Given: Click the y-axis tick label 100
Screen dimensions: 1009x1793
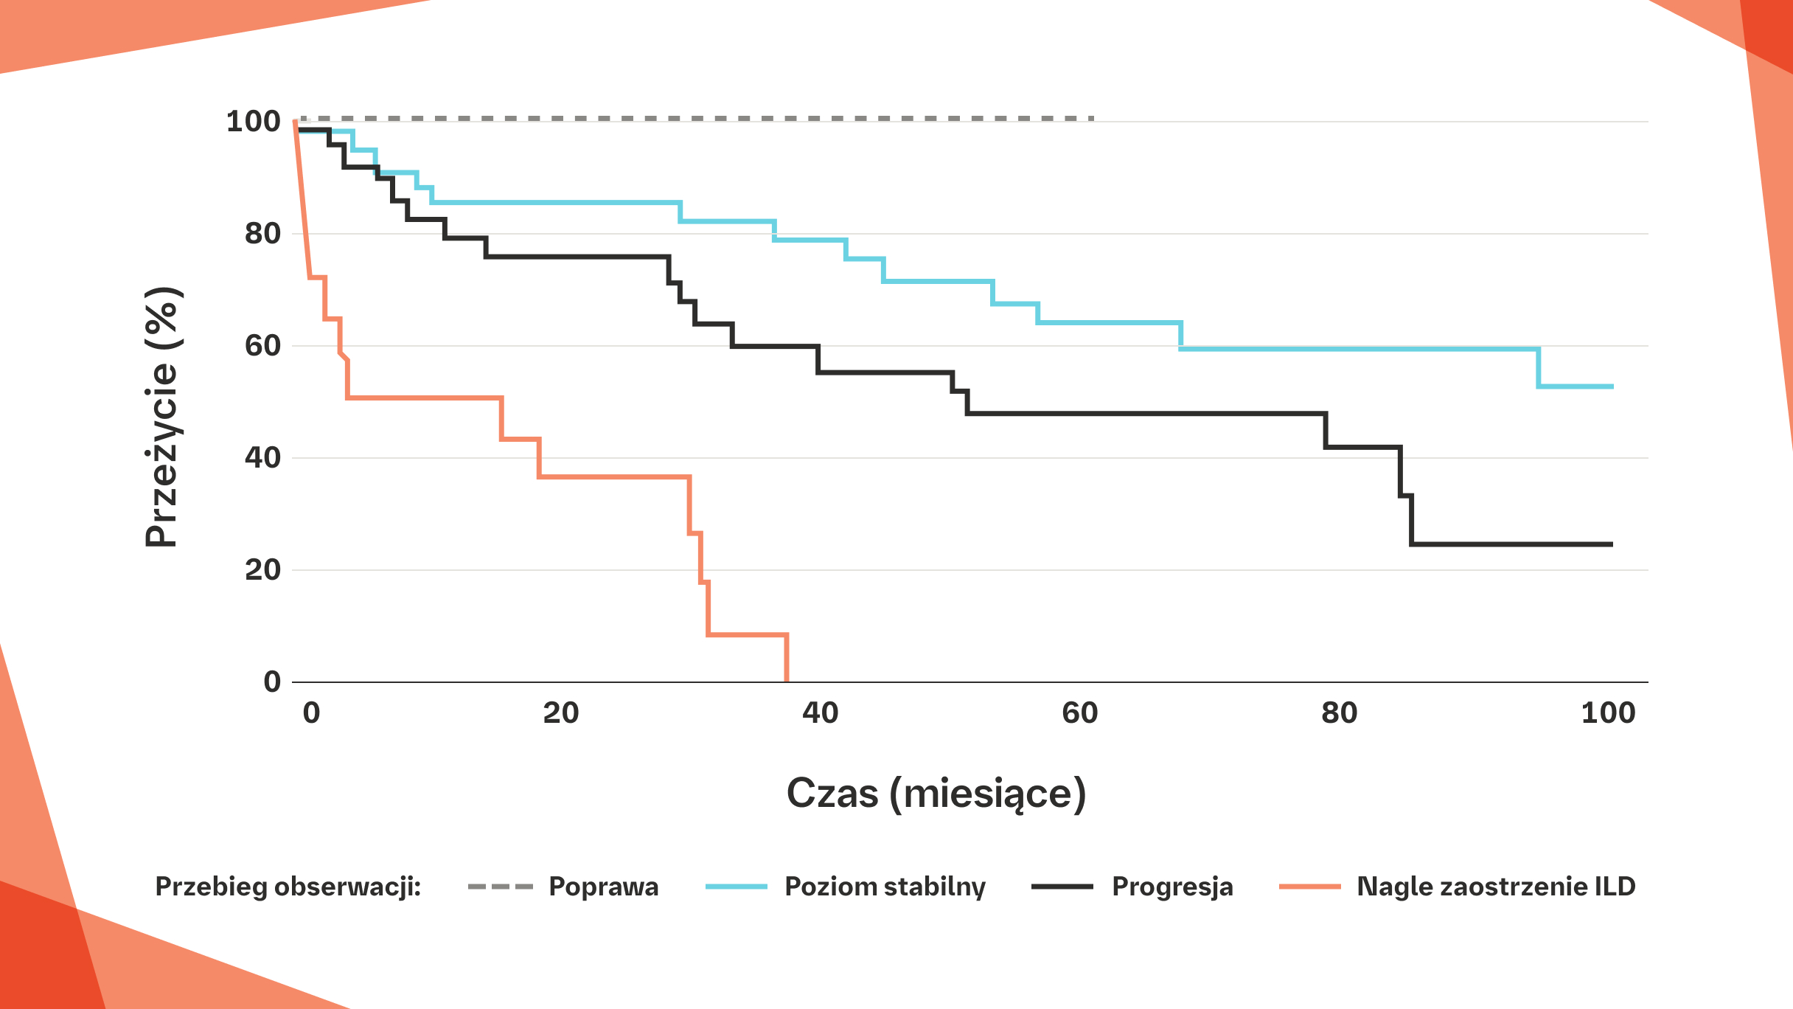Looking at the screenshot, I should pos(253,122).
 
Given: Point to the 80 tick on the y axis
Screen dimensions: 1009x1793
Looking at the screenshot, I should pos(262,234).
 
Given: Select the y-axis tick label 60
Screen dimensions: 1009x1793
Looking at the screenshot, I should pos(262,346).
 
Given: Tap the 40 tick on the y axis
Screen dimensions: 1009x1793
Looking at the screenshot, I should pos(262,458).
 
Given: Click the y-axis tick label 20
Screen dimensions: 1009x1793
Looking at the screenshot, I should pos(262,570).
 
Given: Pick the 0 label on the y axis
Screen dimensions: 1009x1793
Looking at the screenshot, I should pos(272,682).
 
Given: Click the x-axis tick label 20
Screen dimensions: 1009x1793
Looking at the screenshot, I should pos(561,713).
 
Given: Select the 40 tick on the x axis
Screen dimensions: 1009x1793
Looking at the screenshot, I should pos(821,713).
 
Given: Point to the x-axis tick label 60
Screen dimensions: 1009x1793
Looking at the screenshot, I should pos(1080,713).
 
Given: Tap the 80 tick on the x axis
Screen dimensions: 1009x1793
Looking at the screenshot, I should pos(1340,713).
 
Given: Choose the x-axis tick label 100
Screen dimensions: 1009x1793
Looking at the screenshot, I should pos(1608,713).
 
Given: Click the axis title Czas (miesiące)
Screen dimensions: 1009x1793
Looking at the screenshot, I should pos(936,794).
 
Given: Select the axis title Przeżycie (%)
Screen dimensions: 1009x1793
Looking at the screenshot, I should pos(161,417).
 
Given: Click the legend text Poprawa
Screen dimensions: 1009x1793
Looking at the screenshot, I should pos(604,887).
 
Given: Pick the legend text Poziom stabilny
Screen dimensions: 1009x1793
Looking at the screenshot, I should pos(885,887).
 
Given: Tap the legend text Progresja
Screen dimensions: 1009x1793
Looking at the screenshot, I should pos(1172,887).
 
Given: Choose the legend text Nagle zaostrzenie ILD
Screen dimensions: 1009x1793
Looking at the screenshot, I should pos(1496,887).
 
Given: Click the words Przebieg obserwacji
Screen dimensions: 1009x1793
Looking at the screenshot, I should pos(288,887).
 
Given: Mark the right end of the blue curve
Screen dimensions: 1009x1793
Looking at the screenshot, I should pos(1612,386).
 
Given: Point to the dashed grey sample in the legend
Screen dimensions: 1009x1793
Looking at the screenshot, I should pos(500,887).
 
